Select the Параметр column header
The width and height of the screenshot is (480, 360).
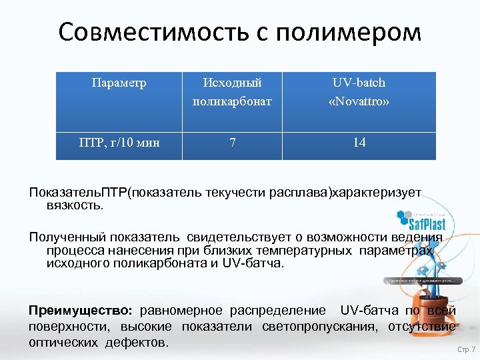pos(119,83)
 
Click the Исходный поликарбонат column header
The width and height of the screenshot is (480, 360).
pos(232,92)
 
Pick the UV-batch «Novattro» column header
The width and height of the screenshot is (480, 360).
pos(359,92)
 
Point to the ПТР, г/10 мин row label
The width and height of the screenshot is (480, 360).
pos(119,142)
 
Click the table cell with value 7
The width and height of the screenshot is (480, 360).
pos(232,142)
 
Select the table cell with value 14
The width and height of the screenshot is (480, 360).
pos(359,142)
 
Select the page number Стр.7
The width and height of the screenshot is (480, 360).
pos(466,350)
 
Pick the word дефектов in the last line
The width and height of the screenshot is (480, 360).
pos(141,342)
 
